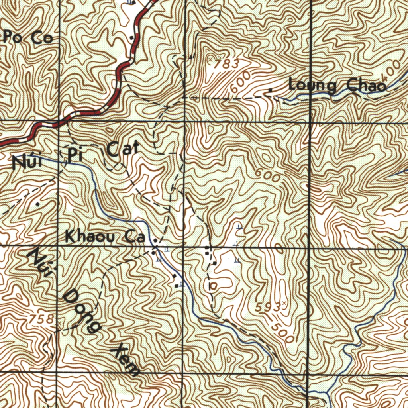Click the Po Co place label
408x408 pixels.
27,39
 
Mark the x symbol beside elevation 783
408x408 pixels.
210,59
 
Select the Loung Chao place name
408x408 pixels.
337,86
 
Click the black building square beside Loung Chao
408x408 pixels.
271,90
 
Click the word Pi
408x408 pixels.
74,155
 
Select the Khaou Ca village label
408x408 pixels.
104,238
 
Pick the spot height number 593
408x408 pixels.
267,307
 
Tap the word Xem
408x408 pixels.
126,360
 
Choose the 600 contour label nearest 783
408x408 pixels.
240,82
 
